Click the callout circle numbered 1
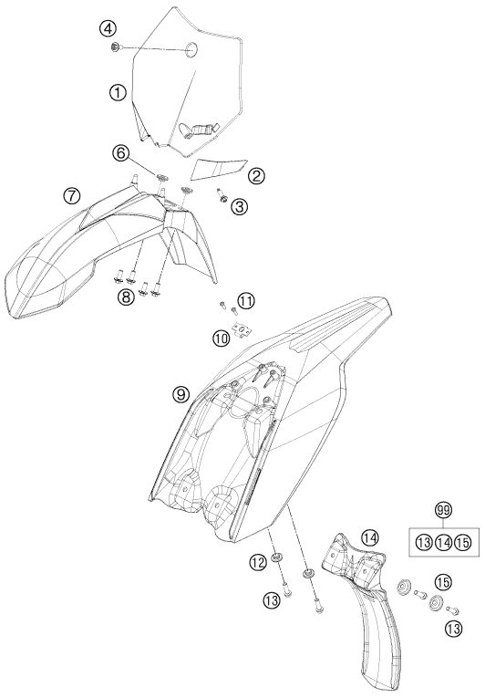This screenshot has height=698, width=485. point(118,93)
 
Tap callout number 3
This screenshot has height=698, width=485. point(240,206)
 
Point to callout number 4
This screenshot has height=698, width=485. point(108,30)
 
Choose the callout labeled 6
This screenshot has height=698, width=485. point(120,153)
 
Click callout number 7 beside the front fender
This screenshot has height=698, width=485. point(72,196)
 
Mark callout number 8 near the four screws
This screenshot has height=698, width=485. point(126,297)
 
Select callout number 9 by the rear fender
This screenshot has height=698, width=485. point(182,394)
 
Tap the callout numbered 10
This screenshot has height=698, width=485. point(222,339)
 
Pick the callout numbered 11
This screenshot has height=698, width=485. point(246,301)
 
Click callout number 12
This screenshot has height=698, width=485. point(258,563)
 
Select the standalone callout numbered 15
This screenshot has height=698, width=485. point(444,582)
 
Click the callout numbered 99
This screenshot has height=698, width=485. point(443,511)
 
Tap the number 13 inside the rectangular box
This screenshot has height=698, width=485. point(424,543)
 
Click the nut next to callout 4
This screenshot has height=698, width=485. point(115,47)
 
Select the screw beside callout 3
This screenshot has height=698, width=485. point(222,195)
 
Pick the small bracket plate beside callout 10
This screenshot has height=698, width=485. point(242,330)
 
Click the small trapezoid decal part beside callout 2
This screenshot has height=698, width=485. point(218,169)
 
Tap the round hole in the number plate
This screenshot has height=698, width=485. point(192,48)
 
